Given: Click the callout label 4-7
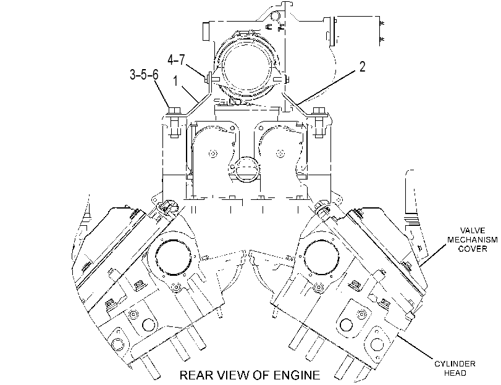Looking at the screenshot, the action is [176, 59].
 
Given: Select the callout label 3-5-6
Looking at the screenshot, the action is [144, 75].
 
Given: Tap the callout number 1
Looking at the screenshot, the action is [175, 81].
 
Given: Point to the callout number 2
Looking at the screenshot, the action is [362, 67].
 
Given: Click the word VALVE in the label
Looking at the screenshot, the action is [473, 231].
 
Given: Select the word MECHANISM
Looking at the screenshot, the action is [472, 239].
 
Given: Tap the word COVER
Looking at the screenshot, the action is [473, 249].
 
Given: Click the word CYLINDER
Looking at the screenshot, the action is [455, 363].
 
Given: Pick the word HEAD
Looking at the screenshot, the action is [455, 373].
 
